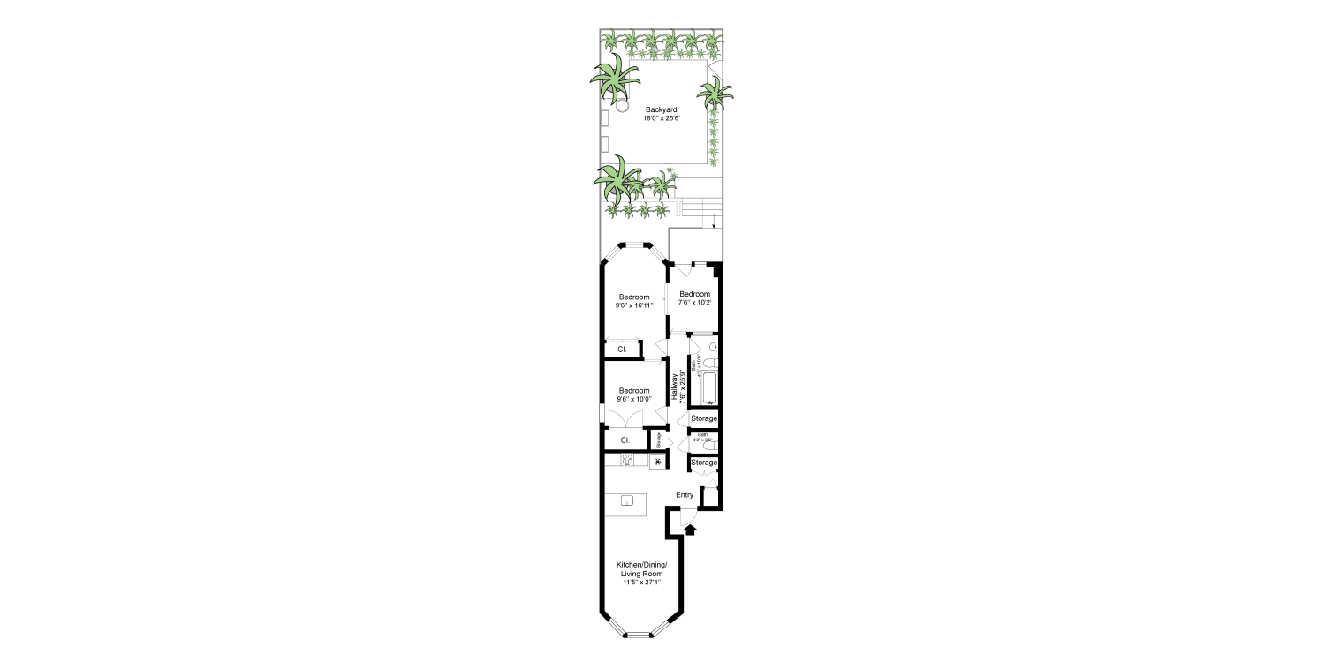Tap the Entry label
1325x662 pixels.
pyautogui.click(x=685, y=495)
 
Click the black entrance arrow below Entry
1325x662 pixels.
pyautogui.click(x=691, y=530)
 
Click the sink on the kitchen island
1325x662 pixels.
pyautogui.click(x=627, y=501)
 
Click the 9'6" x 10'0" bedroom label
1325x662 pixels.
pyautogui.click(x=633, y=395)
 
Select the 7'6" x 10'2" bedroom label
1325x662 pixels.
pyautogui.click(x=694, y=298)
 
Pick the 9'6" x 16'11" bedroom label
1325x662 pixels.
pyautogui.click(x=633, y=301)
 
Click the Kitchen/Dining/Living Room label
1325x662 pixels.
pyautogui.click(x=640, y=569)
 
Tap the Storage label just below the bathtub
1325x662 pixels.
pyautogui.click(x=704, y=418)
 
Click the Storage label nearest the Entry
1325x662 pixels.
pyautogui.click(x=704, y=463)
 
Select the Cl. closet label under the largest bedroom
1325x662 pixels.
pyautogui.click(x=622, y=350)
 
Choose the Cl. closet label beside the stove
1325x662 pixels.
pyautogui.click(x=625, y=440)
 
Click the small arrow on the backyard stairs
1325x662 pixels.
pyautogui.click(x=712, y=226)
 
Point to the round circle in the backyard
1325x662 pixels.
pyautogui.click(x=622, y=106)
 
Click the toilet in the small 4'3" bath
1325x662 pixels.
pyautogui.click(x=709, y=446)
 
